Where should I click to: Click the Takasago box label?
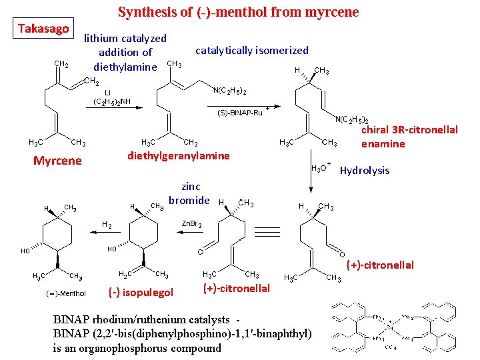[43, 29]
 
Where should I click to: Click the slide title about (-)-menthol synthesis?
[238, 12]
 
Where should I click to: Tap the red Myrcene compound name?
[57, 161]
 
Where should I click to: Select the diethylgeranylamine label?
[178, 156]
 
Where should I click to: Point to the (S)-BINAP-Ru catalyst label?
[241, 112]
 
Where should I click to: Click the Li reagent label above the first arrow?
[107, 92]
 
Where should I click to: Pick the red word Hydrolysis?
[365, 171]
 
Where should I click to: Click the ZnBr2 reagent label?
[191, 225]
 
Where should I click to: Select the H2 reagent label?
[107, 225]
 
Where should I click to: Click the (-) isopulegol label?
[140, 292]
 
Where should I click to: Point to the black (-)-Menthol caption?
[66, 293]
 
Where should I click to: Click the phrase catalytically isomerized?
[251, 50]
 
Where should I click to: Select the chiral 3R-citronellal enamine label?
[409, 137]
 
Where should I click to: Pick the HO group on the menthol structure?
[25, 251]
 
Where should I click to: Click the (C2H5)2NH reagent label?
[112, 102]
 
